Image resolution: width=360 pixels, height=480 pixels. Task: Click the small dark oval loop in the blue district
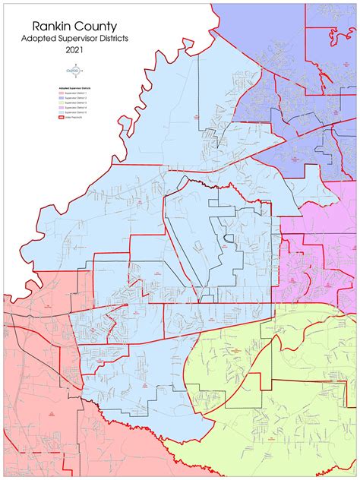point(227,240)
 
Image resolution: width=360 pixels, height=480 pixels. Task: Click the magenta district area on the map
point(319,243)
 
